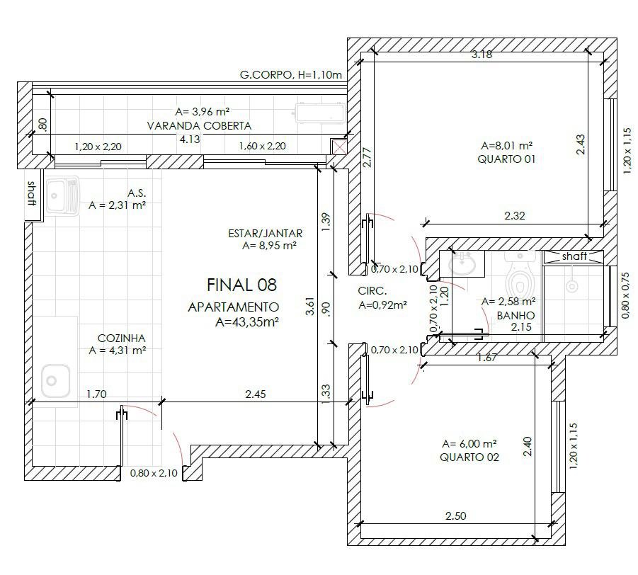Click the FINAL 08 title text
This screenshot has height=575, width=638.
tap(241, 285)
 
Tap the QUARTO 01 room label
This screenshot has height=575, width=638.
tap(506, 159)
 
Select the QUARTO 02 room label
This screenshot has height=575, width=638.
tap(469, 457)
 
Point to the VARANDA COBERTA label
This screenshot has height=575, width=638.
tap(199, 126)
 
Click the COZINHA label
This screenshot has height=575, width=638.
tap(121, 338)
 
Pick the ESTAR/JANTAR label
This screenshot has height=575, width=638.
tap(266, 234)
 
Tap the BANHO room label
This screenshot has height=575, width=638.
tap(515, 315)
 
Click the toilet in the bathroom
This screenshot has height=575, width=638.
tap(520, 274)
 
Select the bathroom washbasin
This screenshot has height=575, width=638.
tap(462, 263)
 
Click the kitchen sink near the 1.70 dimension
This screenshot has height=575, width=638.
tap(55, 380)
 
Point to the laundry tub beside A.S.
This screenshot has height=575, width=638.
tap(62, 195)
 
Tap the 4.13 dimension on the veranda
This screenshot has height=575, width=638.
tap(190, 140)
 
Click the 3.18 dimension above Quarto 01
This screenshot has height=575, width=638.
tap(482, 54)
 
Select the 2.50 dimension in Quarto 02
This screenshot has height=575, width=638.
tap(456, 516)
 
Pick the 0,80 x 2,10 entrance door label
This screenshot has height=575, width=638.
tap(154, 473)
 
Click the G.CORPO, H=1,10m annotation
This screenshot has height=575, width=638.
tap(291, 75)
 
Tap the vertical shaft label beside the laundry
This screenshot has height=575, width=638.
tap(32, 193)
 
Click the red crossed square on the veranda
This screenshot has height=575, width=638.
tap(338, 147)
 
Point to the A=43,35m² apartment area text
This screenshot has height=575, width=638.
tap(247, 322)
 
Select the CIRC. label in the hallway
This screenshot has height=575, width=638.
tap(372, 291)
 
